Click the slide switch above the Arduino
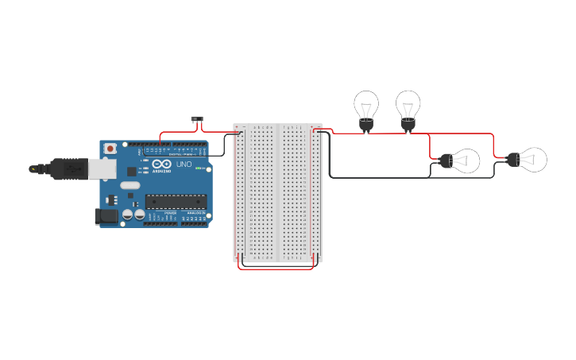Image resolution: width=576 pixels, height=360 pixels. [198, 119]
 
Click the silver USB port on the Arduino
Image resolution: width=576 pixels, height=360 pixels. [99, 168]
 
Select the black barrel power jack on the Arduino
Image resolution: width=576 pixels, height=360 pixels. [106, 215]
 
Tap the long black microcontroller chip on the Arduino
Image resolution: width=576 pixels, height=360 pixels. [176, 202]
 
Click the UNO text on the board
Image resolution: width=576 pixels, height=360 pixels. [184, 164]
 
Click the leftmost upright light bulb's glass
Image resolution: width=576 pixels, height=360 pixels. [366, 104]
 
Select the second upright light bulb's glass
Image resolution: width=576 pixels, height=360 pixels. [408, 103]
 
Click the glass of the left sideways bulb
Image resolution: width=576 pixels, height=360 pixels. [466, 161]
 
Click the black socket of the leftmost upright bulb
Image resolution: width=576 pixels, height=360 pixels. [366, 124]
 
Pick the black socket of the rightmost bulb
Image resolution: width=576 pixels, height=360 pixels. [513, 160]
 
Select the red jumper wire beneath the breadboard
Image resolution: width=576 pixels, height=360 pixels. [276, 268]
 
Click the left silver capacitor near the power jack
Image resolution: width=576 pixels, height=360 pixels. [126, 215]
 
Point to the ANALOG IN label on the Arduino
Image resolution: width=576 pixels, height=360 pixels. [194, 214]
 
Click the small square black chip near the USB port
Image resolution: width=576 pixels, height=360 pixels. [131, 169]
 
